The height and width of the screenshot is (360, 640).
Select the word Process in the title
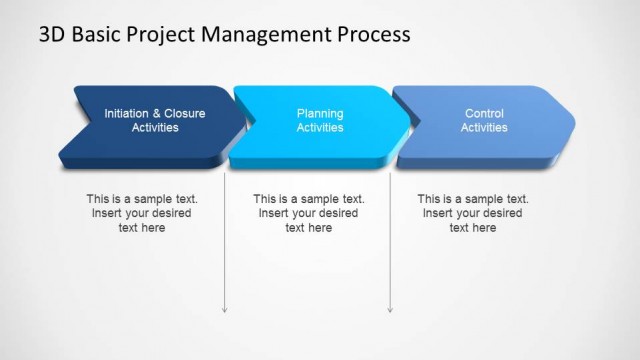[371, 34]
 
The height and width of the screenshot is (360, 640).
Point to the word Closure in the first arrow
[186, 114]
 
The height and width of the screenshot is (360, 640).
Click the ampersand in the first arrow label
[158, 114]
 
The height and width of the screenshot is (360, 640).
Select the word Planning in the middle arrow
[320, 114]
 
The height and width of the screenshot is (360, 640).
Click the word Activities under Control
[484, 128]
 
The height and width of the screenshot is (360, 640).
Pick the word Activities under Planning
[320, 128]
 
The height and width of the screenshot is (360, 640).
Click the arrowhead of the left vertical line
[225, 309]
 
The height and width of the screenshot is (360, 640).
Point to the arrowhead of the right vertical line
[390, 309]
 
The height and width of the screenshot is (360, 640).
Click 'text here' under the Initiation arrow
[142, 228]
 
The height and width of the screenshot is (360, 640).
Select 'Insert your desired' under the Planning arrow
[309, 213]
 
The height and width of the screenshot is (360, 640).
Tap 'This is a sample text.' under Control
[473, 199]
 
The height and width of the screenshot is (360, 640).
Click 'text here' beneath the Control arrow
[473, 228]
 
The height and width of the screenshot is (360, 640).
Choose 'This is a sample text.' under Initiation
[142, 199]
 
